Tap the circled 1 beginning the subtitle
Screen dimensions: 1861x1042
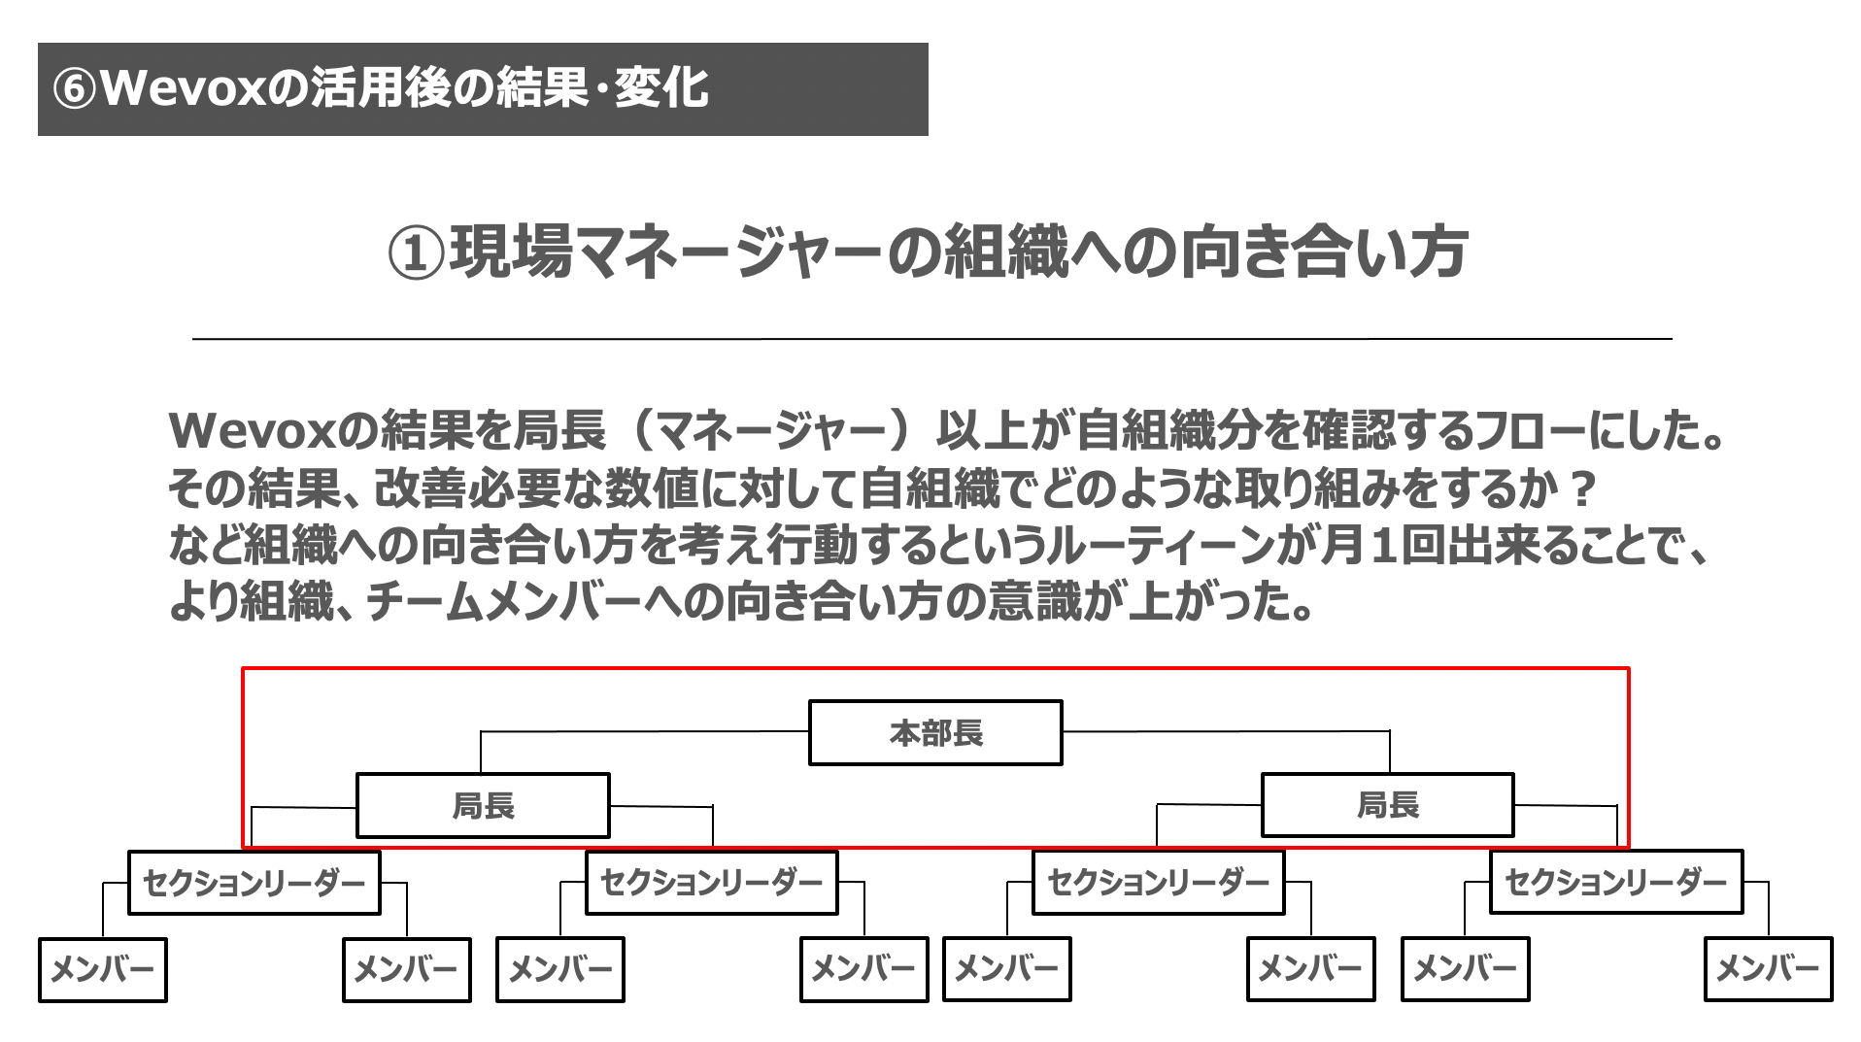tap(416, 253)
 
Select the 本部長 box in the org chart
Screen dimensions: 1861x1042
tap(935, 732)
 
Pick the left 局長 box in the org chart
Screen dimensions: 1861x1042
tap(483, 805)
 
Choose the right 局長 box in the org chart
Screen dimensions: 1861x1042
tap(1387, 804)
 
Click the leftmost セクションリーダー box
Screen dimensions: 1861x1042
tap(254, 882)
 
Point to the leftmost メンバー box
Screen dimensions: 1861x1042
tap(102, 969)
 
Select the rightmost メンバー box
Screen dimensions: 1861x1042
tap(1768, 968)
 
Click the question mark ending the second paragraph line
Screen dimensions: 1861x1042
tap(1582, 488)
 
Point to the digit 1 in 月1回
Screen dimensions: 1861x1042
tap(1383, 545)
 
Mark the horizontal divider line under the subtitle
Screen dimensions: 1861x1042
tap(932, 339)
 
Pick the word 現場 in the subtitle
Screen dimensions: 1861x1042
tap(511, 252)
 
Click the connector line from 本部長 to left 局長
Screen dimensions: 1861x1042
tap(645, 731)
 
